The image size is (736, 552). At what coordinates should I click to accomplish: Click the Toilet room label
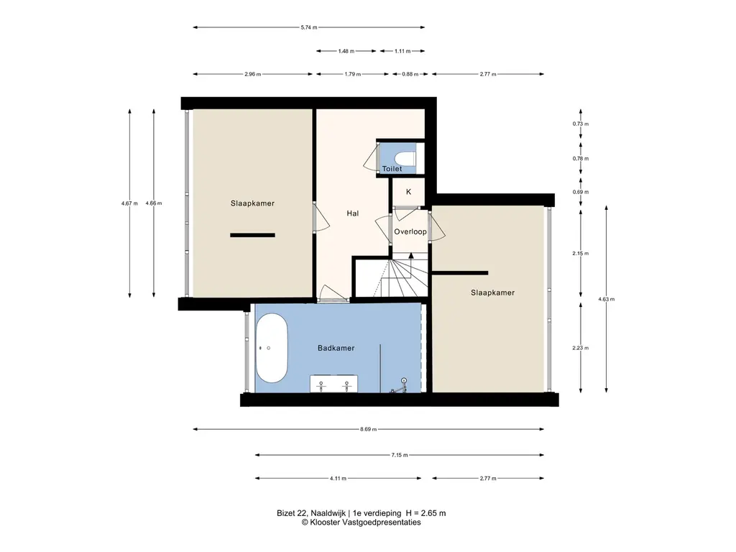[x=392, y=168]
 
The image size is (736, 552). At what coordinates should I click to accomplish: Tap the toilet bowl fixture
[x=405, y=158]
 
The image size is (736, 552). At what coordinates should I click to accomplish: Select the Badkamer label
[x=336, y=348]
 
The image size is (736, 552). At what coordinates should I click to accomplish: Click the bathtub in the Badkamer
[x=272, y=348]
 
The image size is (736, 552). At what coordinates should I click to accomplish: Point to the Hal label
[x=352, y=213]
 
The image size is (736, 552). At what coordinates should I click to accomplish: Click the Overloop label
[x=410, y=231]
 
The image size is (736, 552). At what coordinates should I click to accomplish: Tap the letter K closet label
[x=408, y=191]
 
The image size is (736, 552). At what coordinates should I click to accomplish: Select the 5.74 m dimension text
[x=309, y=27]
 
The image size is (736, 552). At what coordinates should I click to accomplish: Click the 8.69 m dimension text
[x=369, y=429]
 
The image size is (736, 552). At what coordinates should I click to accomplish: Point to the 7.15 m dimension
[x=400, y=455]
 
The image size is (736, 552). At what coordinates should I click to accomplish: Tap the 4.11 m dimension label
[x=338, y=478]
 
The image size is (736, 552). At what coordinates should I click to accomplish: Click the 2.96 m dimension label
[x=252, y=74]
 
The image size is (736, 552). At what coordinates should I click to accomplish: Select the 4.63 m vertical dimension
[x=607, y=299]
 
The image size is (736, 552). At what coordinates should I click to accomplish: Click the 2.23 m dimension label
[x=581, y=348]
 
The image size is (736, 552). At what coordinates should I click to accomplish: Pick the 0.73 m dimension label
[x=581, y=124]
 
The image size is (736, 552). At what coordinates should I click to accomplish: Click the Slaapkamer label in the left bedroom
[x=252, y=203]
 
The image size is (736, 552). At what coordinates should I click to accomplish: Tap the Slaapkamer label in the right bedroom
[x=493, y=293]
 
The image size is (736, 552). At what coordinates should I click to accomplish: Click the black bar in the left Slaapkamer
[x=252, y=235]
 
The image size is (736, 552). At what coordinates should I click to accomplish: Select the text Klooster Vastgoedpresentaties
[x=365, y=522]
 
